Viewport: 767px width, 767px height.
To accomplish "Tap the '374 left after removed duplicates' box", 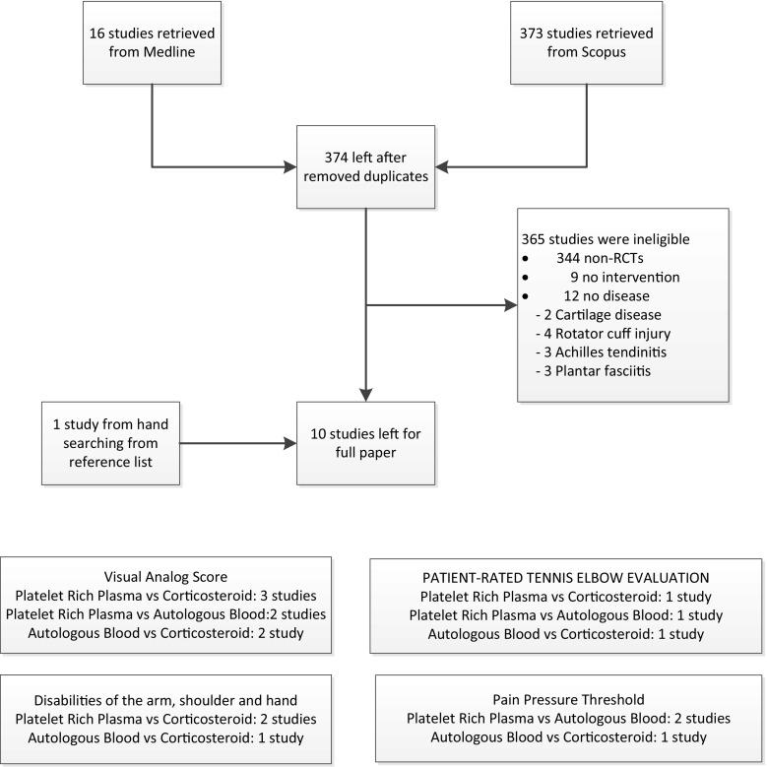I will pyautogui.click(x=365, y=165).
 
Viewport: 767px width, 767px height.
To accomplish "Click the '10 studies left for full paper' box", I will pyautogui.click(x=365, y=442).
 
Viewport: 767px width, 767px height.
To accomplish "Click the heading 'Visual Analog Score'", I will pyautogui.click(x=166, y=577).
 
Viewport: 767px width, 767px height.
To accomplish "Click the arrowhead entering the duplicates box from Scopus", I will pyautogui.click(x=442, y=165).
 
